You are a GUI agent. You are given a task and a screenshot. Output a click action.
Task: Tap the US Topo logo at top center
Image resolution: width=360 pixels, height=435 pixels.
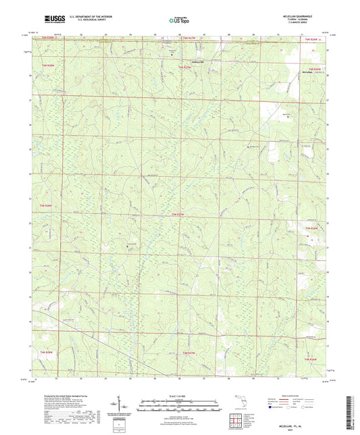[x=179, y=21]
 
